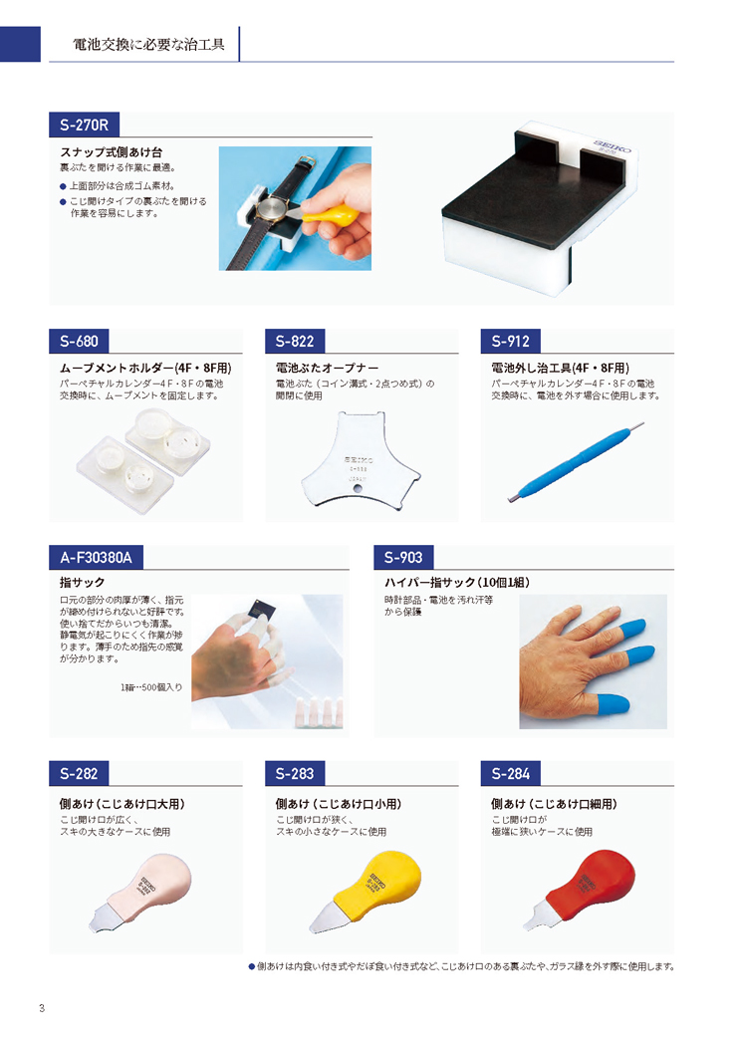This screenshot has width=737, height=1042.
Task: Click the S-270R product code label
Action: [84, 125]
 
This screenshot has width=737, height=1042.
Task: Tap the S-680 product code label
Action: [79, 341]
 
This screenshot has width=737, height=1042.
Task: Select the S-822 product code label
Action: [295, 341]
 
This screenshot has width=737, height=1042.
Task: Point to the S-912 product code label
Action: [510, 341]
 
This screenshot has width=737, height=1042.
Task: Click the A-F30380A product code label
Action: [96, 557]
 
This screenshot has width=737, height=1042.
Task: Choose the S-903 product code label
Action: [403, 557]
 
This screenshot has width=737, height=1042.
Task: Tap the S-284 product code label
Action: [510, 773]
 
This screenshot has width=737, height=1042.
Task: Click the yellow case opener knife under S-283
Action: [366, 891]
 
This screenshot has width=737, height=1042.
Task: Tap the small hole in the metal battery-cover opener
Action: [359, 489]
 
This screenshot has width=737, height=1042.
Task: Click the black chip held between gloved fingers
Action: [257, 609]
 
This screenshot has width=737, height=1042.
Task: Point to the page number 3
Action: [42, 1008]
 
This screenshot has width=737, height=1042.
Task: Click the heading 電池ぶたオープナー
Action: [327, 368]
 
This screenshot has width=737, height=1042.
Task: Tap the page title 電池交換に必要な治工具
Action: [148, 45]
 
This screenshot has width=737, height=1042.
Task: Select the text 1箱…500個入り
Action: [151, 687]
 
